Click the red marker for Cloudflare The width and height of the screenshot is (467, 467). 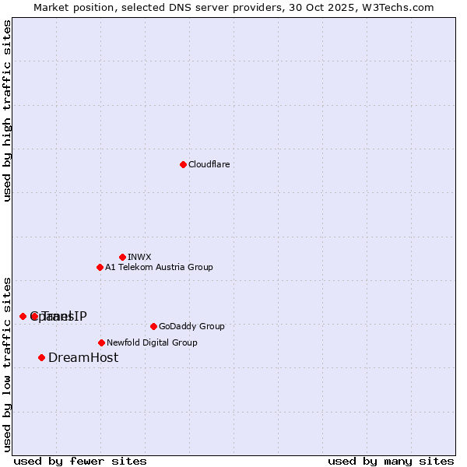[183, 164]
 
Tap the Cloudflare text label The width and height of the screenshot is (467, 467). [209, 164]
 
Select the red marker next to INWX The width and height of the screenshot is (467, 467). [122, 257]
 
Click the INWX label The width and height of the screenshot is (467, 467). [139, 257]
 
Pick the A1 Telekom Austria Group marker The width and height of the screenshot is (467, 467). [100, 267]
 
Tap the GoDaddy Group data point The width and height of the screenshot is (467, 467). [153, 326]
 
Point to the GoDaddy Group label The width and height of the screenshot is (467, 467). [191, 326]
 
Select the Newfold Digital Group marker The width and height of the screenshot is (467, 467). [101, 342]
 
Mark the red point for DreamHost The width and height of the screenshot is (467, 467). [41, 357]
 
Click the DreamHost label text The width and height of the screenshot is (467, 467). [83, 357]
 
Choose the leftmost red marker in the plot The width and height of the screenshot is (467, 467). [23, 316]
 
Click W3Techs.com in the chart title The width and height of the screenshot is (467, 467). [398, 7]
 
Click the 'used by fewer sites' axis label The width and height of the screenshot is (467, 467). [80, 461]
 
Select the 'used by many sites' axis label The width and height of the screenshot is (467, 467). [391, 461]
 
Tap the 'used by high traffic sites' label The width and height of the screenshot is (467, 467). [7, 111]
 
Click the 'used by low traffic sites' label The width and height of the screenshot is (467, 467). [7, 363]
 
